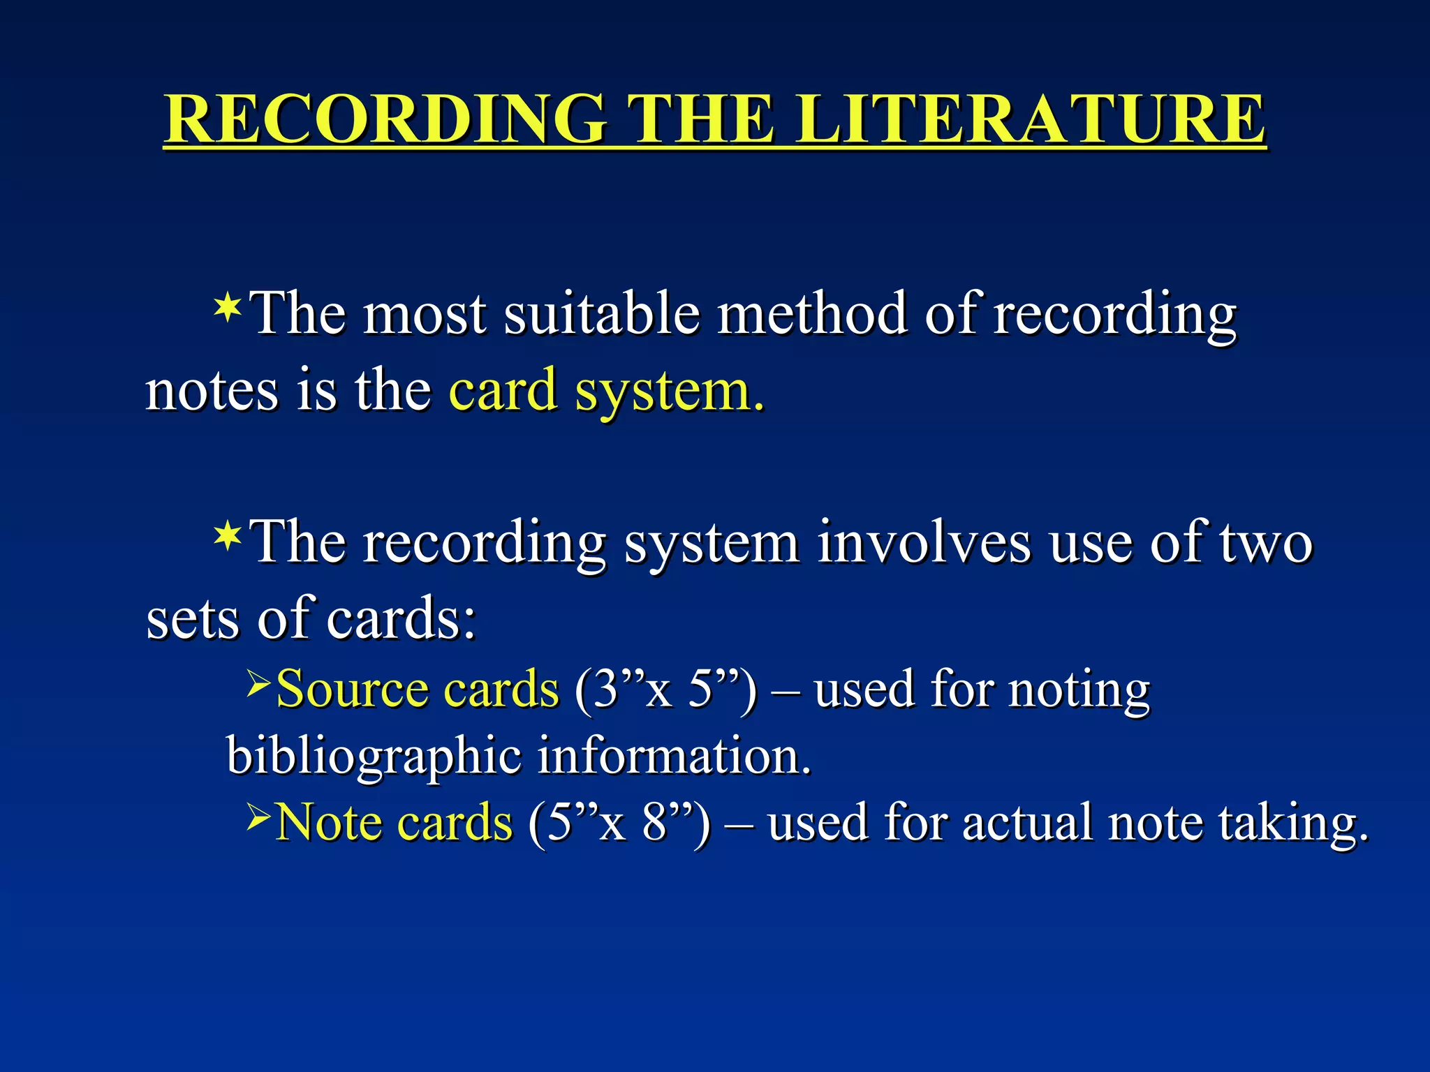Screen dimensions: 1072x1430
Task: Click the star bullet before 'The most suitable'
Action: point(228,308)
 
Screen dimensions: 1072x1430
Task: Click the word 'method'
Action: point(813,314)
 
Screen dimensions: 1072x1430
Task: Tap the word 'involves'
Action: point(924,543)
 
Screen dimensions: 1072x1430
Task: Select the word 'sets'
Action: point(192,618)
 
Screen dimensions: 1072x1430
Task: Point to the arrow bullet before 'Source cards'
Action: point(258,683)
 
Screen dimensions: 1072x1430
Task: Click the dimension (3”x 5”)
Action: point(665,690)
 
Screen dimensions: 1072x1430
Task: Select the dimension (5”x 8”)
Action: point(619,823)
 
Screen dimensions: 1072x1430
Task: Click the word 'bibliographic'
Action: point(374,757)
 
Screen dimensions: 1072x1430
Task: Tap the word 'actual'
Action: point(1027,823)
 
